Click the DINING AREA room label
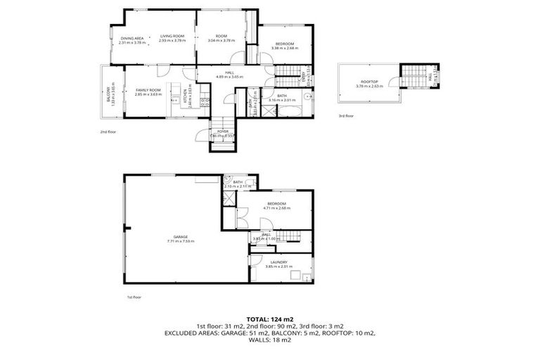pos(132,38)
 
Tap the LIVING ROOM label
pos(172,38)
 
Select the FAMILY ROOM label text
pos(148,89)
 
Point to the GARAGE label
pos(181,237)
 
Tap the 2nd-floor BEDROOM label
pos(285,44)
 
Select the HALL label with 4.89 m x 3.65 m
pos(229,72)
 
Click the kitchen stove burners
pos(203,103)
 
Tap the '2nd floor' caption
pos(108,131)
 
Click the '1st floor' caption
pos(134,297)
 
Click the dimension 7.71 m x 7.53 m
pos(181,242)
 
